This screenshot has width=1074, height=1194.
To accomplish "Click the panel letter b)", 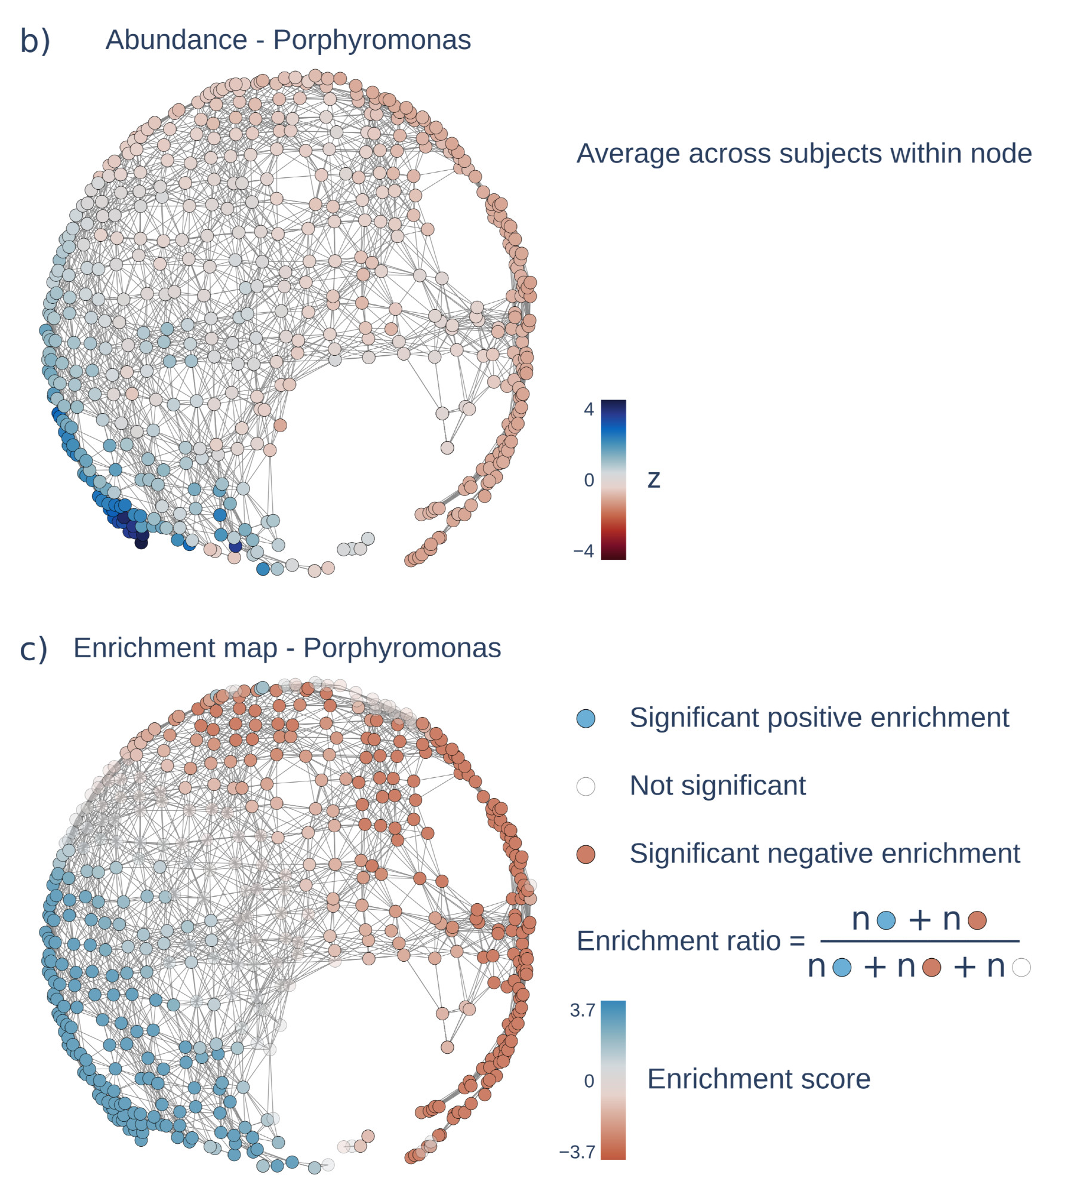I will click(x=35, y=41).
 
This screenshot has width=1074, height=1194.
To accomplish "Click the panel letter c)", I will click(x=33, y=648).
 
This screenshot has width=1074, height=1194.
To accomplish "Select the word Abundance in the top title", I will click(x=176, y=40).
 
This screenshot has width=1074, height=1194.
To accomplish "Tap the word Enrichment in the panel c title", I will click(x=175, y=648).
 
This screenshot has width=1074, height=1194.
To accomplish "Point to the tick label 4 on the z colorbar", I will click(x=589, y=410).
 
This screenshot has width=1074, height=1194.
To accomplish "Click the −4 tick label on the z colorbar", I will click(x=583, y=550).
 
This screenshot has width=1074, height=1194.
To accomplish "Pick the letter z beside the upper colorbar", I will click(x=654, y=479).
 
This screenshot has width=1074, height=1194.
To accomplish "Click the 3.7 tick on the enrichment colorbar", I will click(x=582, y=1010).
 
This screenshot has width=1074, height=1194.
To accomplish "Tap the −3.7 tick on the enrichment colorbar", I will click(x=577, y=1152).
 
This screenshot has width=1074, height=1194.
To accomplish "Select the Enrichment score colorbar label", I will click(x=758, y=1079).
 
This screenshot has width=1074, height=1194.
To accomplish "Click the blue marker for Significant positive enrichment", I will click(x=586, y=718).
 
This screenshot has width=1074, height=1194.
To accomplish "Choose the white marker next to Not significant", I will click(x=586, y=786).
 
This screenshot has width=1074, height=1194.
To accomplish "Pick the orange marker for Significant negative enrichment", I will click(x=586, y=854).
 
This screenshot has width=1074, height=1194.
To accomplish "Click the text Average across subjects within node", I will click(x=804, y=154).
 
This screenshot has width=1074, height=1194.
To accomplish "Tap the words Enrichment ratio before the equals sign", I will click(x=679, y=941).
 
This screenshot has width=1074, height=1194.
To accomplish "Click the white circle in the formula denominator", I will click(x=1021, y=967).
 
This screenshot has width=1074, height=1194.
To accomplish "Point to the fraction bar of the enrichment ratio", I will click(x=919, y=941).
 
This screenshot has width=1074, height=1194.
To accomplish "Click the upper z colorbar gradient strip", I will click(x=613, y=479).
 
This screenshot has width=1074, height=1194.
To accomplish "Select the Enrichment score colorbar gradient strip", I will click(x=613, y=1080).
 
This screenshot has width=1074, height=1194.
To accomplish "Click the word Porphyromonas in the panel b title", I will click(x=371, y=40).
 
